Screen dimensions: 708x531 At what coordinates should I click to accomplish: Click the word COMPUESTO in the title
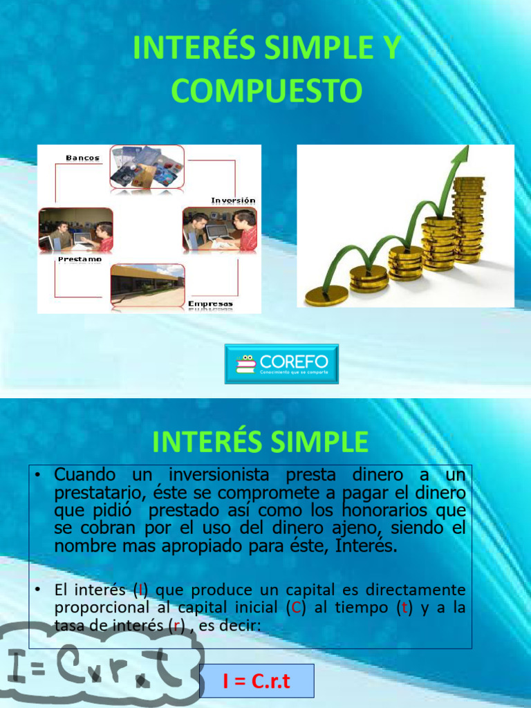click(266, 91)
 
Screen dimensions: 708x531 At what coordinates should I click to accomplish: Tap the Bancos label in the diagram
click(83, 158)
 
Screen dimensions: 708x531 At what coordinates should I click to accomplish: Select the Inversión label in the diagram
click(233, 201)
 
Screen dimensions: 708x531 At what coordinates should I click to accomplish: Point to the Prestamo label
click(80, 259)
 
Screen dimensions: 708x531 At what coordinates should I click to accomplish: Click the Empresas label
click(211, 304)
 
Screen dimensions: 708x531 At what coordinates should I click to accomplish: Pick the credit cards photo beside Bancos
click(147, 167)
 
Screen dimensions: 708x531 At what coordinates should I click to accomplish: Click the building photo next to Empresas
click(147, 284)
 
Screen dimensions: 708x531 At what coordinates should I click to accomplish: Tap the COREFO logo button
click(281, 364)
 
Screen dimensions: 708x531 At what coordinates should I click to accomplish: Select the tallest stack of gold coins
click(468, 220)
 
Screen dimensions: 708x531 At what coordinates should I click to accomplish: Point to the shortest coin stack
click(326, 294)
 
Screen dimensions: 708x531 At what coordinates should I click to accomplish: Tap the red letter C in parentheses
click(295, 608)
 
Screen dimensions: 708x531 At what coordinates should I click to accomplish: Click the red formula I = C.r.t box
click(257, 681)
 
